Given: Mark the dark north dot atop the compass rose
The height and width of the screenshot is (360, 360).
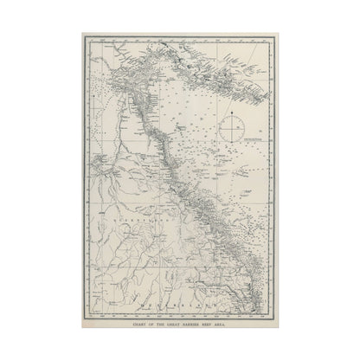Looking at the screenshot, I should pos(232,115).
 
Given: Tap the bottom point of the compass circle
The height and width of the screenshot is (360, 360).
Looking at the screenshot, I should pos(232,145).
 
